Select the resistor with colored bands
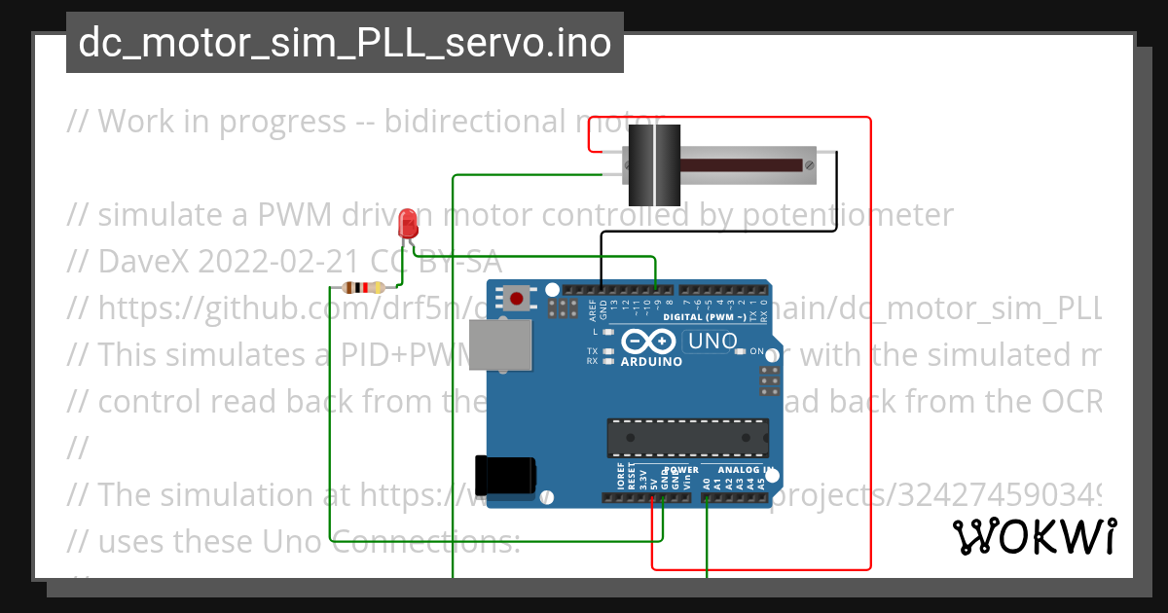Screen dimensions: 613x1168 click(x=366, y=287)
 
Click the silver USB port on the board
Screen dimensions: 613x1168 click(x=500, y=345)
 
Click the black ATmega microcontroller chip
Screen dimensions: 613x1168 click(x=687, y=438)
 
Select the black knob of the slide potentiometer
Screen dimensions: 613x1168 click(x=649, y=161)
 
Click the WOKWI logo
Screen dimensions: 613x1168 click(x=1034, y=536)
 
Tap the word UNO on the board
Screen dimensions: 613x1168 click(x=712, y=342)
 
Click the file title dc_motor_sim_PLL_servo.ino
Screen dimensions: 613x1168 click(x=345, y=43)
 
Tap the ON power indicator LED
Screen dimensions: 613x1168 click(x=742, y=351)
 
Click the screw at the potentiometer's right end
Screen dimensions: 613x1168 click(x=807, y=164)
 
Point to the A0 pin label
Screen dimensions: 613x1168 click(x=707, y=482)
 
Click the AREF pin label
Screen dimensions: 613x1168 click(x=592, y=309)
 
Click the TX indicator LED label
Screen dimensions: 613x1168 click(x=592, y=350)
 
